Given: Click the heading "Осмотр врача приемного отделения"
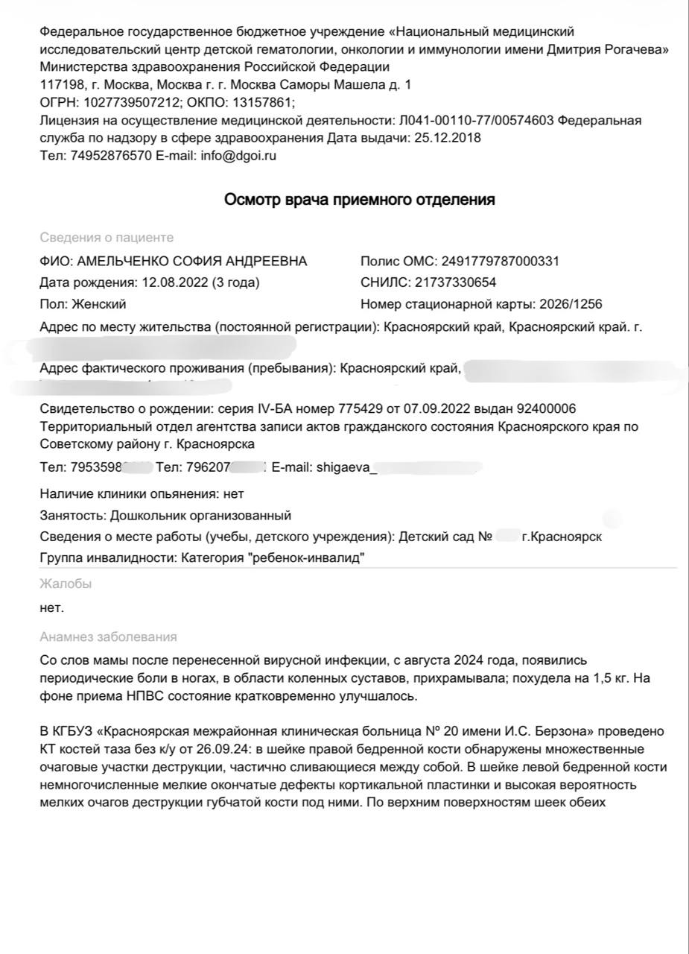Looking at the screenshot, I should click(x=360, y=200).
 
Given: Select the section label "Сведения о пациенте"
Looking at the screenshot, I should click(x=107, y=237).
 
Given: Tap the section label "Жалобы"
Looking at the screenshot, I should click(x=66, y=584).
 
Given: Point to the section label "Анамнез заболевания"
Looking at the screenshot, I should click(x=108, y=636).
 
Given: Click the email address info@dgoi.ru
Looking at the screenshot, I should click(x=238, y=157).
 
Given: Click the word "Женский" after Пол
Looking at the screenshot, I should click(x=99, y=304).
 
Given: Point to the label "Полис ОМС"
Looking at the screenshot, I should click(x=397, y=262).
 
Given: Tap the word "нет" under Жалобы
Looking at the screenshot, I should click(x=52, y=607).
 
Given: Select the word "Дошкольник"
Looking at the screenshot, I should click(x=146, y=515).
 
